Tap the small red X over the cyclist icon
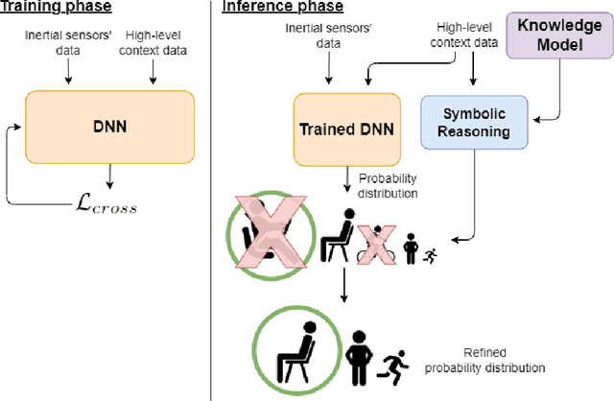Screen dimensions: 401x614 click(x=377, y=248)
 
